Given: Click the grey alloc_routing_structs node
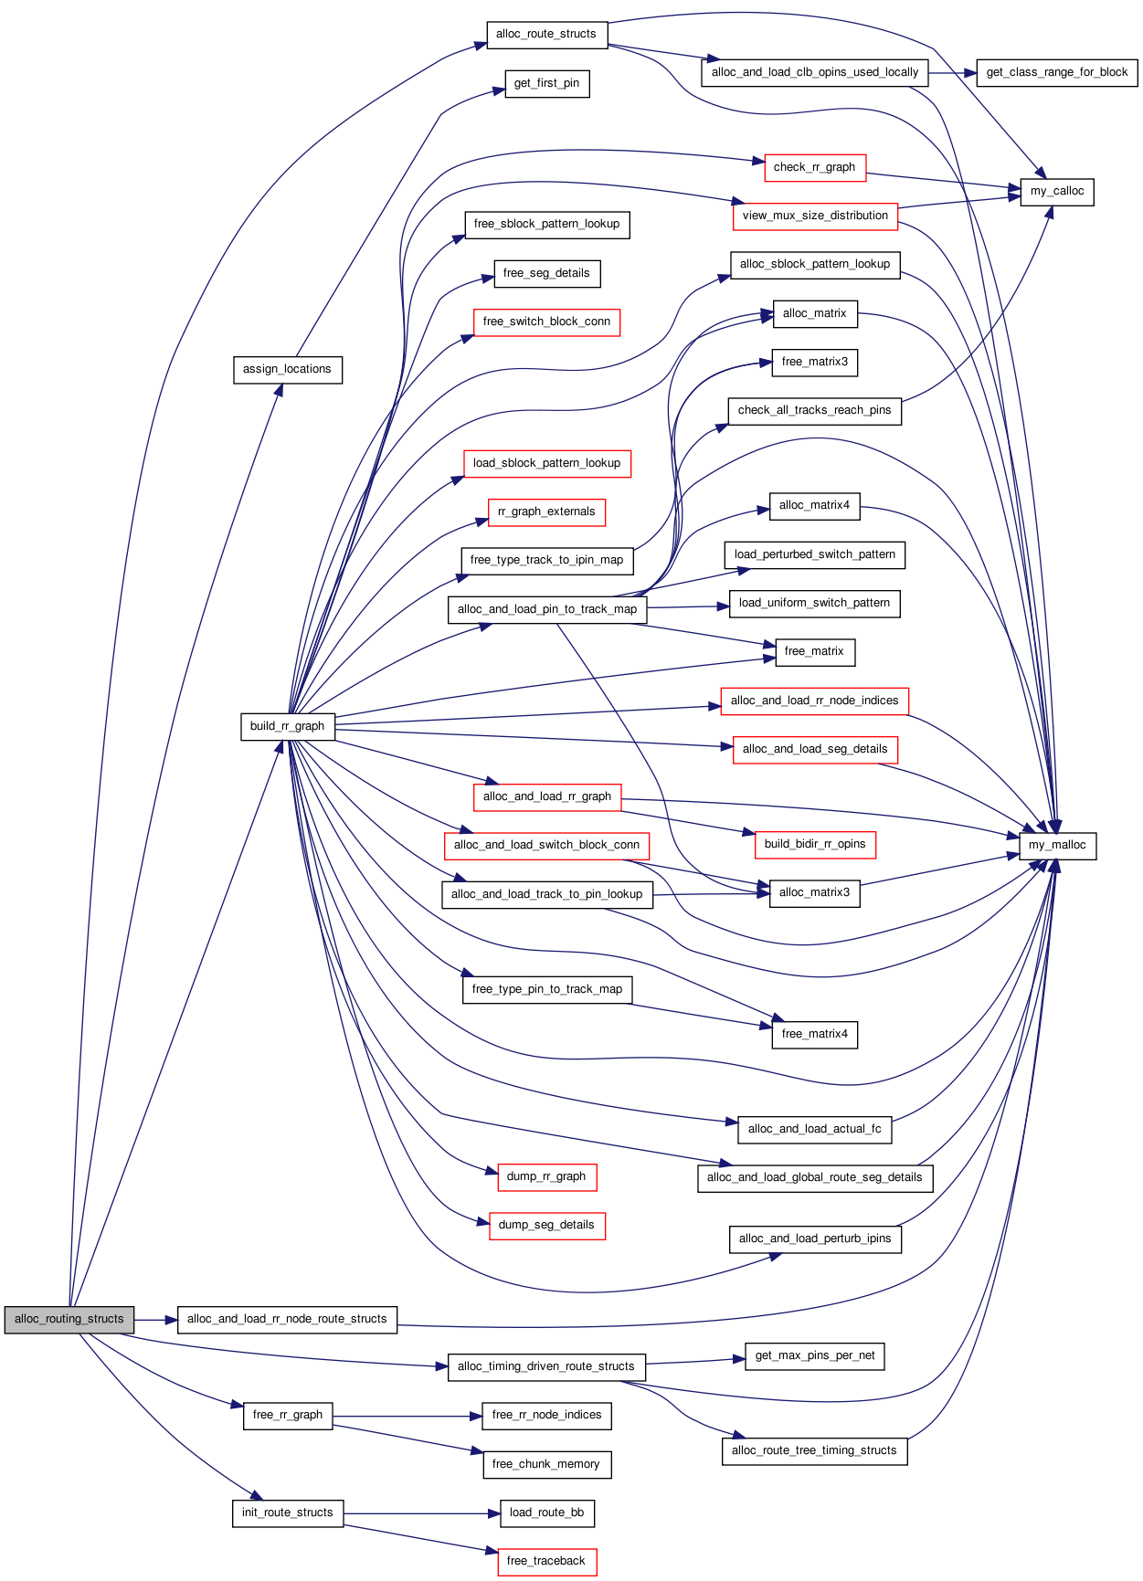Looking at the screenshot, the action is point(69,1319).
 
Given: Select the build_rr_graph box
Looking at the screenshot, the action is point(288,726).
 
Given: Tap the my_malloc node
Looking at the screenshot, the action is point(1057,845).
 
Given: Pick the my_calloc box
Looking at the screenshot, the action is point(1057,191).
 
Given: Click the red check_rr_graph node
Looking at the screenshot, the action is point(815,167).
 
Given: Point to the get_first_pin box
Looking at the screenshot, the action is point(547,83).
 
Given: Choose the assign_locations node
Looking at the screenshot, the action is point(288,369).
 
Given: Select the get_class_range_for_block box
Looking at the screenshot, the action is point(1057,72).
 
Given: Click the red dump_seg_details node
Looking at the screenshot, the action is point(547,1225).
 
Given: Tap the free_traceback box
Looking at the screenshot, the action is point(547,1561).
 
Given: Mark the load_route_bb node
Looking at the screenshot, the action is point(547,1512).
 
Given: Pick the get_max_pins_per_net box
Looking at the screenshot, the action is point(815,1355).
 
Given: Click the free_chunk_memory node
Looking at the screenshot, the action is point(547,1464).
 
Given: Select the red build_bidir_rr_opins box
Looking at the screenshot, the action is point(815,844).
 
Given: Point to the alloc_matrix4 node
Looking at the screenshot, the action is point(815,505).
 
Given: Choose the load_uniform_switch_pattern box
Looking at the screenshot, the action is point(815,603).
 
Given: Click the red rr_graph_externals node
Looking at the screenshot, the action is point(547,511).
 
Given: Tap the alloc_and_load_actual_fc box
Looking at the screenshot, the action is point(815,1129).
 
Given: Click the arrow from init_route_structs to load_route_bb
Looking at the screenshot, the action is point(422,1513).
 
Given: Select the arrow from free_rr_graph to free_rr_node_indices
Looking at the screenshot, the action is point(407,1417).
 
